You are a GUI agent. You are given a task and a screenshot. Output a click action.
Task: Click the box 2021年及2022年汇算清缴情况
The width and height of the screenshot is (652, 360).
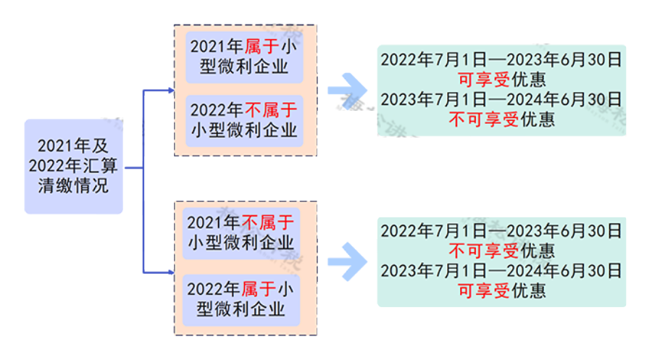[73, 167]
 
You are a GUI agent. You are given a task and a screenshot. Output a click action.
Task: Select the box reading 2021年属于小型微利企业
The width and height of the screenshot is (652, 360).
[243, 56]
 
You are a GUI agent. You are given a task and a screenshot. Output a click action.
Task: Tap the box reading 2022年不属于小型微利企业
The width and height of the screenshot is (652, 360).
[243, 120]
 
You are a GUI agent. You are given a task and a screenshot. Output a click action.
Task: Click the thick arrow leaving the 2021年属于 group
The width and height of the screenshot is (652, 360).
[345, 90]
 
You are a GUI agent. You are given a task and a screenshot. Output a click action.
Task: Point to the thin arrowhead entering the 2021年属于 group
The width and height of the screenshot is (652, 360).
[170, 91]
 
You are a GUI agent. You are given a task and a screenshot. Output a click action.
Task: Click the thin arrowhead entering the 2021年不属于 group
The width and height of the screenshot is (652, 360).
[170, 272]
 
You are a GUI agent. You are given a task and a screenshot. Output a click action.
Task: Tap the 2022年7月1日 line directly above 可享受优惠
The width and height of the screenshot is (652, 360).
[501, 60]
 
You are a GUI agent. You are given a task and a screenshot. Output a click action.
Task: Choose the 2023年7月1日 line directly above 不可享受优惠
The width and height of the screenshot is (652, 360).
[501, 99]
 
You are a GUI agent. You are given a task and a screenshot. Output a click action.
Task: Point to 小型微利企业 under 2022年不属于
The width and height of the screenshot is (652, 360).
[243, 131]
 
